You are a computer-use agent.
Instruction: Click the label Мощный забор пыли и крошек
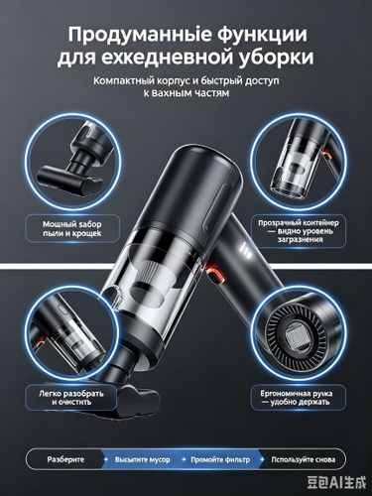coord(72,229)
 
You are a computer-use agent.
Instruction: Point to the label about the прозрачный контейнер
coord(299,231)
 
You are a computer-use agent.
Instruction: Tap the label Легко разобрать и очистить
coord(71,398)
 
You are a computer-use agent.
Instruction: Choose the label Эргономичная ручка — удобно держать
coord(296,398)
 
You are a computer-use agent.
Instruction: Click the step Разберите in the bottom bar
coord(65,459)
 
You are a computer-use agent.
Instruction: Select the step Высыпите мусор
coord(143,459)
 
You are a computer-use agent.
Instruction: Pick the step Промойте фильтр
coord(220,459)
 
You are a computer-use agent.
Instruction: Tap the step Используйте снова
coord(304,459)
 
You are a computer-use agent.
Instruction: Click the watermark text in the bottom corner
coord(336,482)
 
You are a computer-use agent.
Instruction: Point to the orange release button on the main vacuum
coord(214,275)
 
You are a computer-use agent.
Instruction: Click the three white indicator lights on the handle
coord(246,248)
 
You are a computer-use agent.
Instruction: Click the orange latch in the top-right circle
coord(326,154)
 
